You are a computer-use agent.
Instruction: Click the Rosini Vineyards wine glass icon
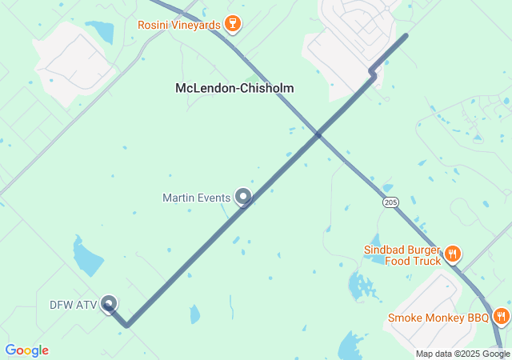tap(233, 24)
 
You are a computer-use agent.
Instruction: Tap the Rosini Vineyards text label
tap(178, 25)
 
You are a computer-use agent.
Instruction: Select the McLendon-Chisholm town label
tap(234, 88)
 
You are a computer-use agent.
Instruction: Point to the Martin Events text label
tap(196, 198)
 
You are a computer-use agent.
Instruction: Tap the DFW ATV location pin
tap(109, 304)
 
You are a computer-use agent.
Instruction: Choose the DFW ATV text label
tap(73, 305)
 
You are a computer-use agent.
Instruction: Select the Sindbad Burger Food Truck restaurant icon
tap(453, 254)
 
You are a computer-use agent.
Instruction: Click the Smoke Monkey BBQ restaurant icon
tap(501, 317)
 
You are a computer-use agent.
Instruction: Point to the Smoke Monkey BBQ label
tap(438, 318)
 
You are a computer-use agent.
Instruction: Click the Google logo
tap(26, 350)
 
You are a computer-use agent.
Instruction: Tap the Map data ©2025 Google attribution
tap(462, 354)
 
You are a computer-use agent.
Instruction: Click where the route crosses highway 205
tap(318, 135)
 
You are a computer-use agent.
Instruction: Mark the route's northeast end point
tap(405, 36)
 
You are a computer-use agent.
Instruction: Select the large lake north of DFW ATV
tap(87, 258)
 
